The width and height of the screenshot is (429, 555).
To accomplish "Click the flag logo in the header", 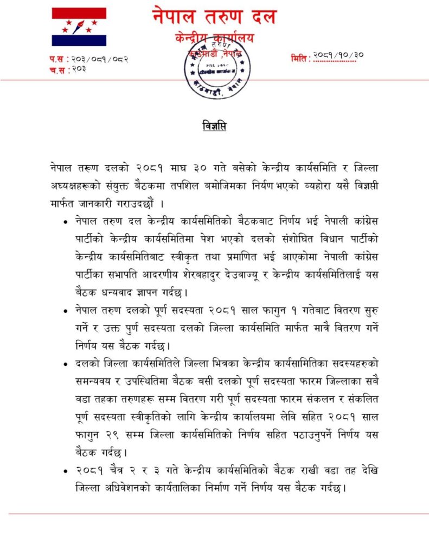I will pyautogui.click(x=79, y=27).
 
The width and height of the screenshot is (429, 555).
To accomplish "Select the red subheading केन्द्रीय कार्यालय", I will pyautogui.click(x=214, y=38).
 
